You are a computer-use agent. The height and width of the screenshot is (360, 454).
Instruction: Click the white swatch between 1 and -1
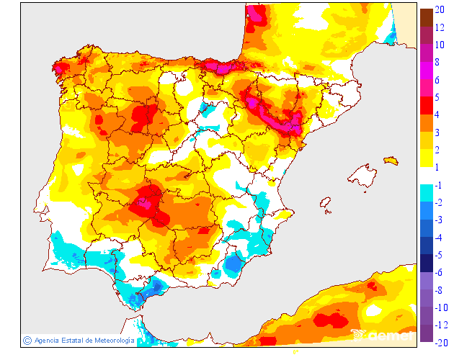426,176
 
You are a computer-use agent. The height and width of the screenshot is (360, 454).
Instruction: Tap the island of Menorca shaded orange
391,160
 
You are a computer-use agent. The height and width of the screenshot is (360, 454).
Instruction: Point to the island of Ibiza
326,204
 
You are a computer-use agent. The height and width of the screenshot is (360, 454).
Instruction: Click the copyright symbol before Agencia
27,340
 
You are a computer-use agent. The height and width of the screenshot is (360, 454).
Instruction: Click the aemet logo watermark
382,335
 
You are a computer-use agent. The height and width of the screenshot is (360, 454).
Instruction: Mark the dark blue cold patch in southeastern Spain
233,265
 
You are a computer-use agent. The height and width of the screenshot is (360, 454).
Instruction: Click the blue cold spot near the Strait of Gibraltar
151,289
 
